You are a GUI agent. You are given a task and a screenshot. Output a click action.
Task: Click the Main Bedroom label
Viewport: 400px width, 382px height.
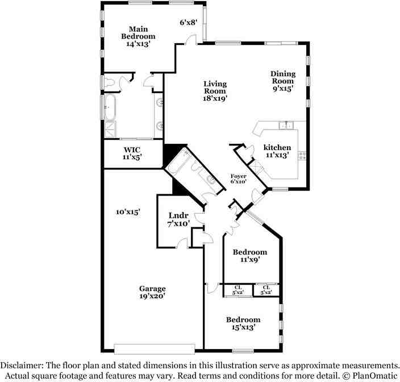pyautogui.click(x=139, y=36)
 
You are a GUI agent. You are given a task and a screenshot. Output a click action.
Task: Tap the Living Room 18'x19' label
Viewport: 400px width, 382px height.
pyautogui.click(x=215, y=91)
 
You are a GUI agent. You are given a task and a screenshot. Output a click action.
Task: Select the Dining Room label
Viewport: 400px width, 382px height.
pyautogui.click(x=282, y=81)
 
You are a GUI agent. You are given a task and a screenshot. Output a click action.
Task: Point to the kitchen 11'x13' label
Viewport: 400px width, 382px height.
pyautogui.click(x=277, y=151)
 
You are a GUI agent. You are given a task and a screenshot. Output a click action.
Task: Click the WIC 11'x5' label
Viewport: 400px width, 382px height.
pyautogui.click(x=132, y=153)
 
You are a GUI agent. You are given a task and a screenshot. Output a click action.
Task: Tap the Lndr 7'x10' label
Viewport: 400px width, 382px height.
pyautogui.click(x=178, y=219)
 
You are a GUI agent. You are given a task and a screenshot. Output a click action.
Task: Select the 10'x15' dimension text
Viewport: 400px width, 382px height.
pyautogui.click(x=128, y=212)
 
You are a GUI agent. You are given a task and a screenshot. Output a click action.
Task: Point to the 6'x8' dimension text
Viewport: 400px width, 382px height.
pyautogui.click(x=188, y=23)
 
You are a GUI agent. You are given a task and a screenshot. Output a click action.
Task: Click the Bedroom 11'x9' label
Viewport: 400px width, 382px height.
pyautogui.click(x=250, y=256)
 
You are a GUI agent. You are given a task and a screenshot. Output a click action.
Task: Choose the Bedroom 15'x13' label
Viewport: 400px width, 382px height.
pyautogui.click(x=243, y=323)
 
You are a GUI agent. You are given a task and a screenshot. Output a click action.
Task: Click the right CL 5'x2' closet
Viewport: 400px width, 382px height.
pyautogui.click(x=266, y=290)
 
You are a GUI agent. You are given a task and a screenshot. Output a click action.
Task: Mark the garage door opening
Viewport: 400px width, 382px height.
pyautogui.click(x=154, y=348)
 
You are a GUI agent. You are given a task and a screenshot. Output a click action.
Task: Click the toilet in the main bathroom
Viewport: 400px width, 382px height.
pyautogui.click(x=110, y=84)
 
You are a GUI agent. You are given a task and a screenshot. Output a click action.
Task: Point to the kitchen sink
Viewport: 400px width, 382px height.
pyautogui.click(x=285, y=126)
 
